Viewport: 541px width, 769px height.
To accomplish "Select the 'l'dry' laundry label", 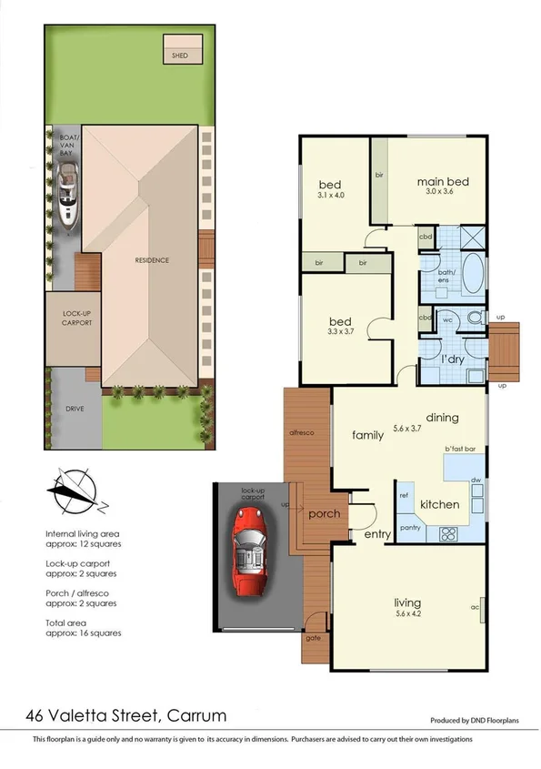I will click(453, 348).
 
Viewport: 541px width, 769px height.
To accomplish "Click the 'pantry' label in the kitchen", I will click(409, 528).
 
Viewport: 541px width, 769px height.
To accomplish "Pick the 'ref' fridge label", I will click(404, 496).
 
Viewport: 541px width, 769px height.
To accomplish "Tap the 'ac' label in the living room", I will click(475, 607).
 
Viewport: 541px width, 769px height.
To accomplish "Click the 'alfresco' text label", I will click(302, 432).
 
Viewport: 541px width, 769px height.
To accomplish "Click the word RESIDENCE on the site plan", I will click(152, 260).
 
